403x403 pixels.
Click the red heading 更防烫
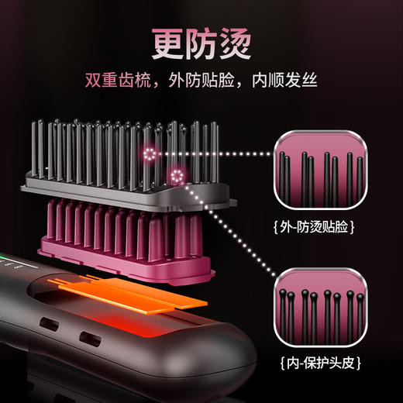pyautogui.click(x=201, y=42)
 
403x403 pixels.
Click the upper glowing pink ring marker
pyautogui.click(x=150, y=155)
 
